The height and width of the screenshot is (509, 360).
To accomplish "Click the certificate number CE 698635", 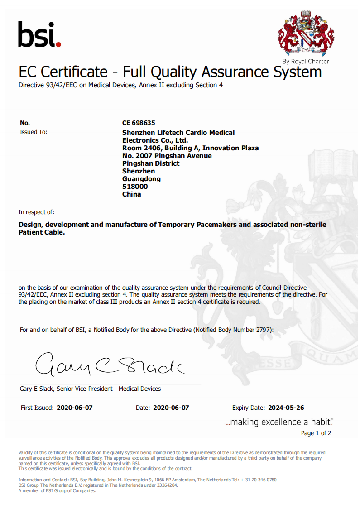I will point(138,123).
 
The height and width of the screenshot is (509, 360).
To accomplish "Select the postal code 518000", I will point(135,187).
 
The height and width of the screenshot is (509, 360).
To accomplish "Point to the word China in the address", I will point(132,194).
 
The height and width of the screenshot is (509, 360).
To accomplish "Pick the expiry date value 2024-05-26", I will point(286,408).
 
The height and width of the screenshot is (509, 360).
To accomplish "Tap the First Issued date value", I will point(75,408).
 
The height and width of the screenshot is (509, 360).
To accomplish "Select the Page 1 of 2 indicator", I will point(316,433).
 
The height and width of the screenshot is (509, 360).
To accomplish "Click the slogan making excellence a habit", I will point(279,422).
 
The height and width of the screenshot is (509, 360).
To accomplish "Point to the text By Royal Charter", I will point(306,61).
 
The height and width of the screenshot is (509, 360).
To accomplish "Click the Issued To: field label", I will point(34,132).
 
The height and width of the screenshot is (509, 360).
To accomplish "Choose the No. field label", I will point(25,123).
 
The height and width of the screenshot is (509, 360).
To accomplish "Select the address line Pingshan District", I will point(151,163).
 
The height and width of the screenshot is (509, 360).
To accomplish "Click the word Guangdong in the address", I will point(141,179).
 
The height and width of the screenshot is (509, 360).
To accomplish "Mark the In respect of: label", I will point(36,212).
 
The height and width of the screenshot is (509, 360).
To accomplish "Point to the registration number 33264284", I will point(166,485).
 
